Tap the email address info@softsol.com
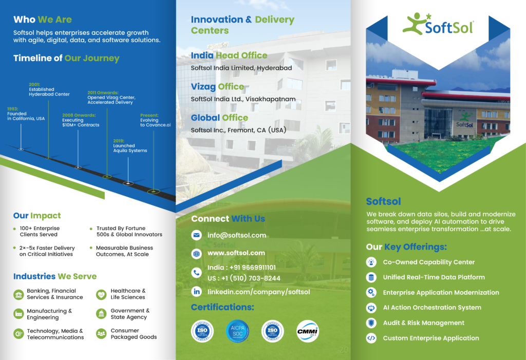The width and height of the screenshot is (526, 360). [x=237, y=235]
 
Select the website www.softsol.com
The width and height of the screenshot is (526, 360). [x=236, y=253]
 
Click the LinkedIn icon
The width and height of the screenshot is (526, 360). [x=196, y=291]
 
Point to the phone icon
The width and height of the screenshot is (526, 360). [x=196, y=273]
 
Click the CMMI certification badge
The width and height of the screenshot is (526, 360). [x=307, y=331]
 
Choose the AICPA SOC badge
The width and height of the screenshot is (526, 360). [x=237, y=331]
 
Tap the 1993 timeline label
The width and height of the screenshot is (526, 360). [x=26, y=113]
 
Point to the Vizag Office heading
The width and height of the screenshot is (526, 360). [x=217, y=86]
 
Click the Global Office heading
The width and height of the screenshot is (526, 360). [x=219, y=118]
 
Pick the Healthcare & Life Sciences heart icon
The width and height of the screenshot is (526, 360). [x=101, y=294]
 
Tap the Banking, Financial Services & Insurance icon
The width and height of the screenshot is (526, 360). [x=19, y=294]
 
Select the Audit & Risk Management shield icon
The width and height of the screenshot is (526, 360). [x=371, y=323]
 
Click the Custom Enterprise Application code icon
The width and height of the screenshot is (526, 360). [x=371, y=338]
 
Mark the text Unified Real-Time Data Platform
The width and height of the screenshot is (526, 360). [x=434, y=277]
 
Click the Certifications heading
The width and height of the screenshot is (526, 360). [x=222, y=307]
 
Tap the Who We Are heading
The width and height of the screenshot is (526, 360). [x=43, y=20]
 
